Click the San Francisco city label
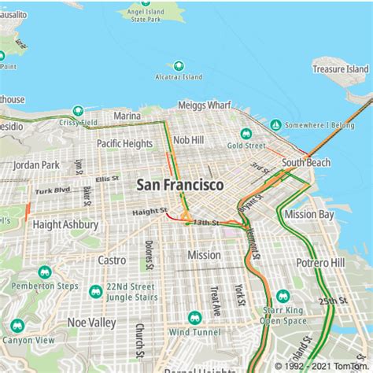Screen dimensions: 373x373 (179, 184)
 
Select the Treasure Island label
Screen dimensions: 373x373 (340, 69)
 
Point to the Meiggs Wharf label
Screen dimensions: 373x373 (204, 105)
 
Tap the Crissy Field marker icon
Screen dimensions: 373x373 (78, 111)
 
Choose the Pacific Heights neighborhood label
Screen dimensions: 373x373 (124, 143)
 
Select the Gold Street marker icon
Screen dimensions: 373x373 (246, 133)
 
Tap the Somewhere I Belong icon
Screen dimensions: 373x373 (275, 125)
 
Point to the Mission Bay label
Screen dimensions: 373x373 (309, 213)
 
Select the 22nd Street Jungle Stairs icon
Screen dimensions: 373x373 (96, 291)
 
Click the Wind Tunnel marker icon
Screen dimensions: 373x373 (194, 318)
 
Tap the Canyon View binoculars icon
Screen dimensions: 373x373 (17, 326)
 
